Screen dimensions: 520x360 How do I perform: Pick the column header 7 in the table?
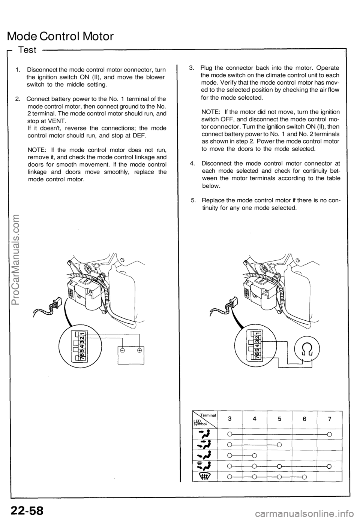[329, 420]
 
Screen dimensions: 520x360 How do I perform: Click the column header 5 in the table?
[280, 420]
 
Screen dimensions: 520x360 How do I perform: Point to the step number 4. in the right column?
[193, 163]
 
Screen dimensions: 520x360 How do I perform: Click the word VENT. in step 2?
[57, 121]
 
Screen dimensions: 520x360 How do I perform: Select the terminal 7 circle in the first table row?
[329, 435]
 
